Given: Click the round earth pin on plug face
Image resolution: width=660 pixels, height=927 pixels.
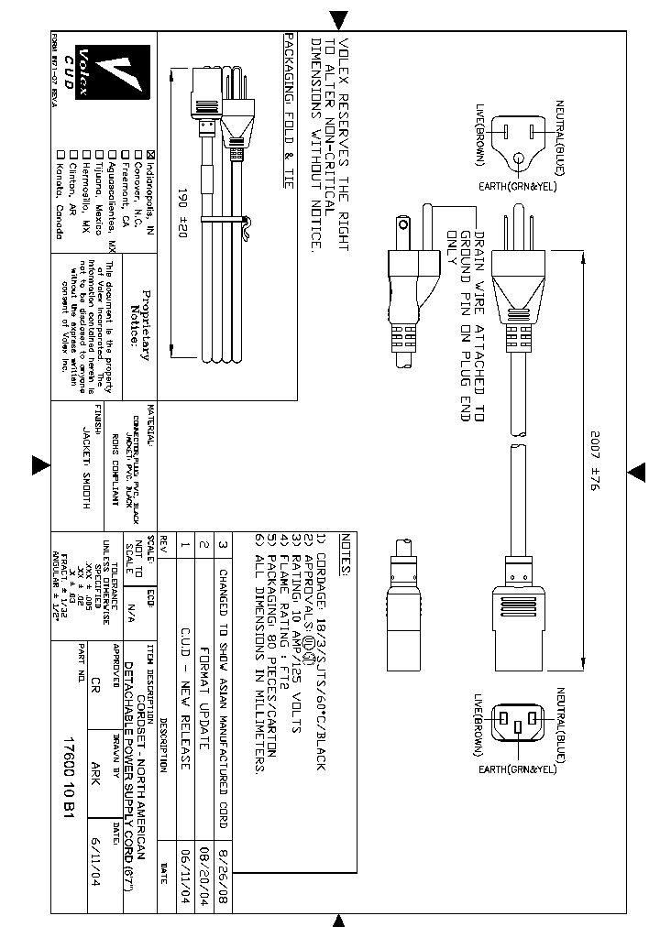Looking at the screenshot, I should pos(519,160).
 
